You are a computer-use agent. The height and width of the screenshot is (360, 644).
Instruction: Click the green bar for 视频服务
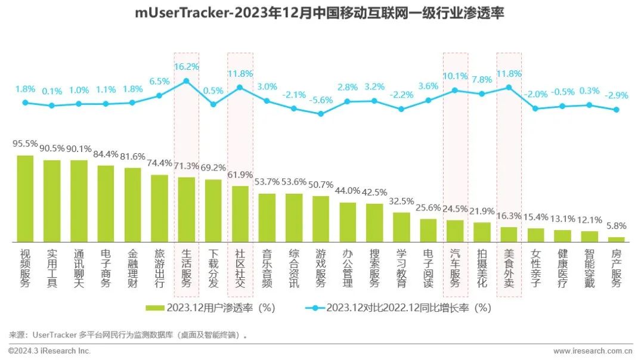click(25, 198)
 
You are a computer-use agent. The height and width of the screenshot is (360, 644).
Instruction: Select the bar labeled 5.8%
click(616, 239)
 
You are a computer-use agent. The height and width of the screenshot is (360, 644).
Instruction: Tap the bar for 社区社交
click(240, 213)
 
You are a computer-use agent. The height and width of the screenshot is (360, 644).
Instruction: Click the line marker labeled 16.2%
click(187, 80)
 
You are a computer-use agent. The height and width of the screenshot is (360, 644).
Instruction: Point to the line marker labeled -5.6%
click(321, 113)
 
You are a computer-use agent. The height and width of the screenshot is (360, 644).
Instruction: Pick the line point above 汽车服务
click(455, 91)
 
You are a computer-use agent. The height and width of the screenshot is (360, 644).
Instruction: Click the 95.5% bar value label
click(25, 144)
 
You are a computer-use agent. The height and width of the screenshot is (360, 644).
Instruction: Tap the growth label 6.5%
click(159, 81)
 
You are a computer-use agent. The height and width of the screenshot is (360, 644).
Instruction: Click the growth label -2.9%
click(616, 95)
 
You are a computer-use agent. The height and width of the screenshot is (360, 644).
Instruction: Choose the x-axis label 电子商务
click(106, 268)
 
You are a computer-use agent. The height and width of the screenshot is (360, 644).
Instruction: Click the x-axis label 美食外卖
click(509, 268)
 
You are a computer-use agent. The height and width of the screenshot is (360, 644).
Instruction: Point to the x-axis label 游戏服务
click(321, 268)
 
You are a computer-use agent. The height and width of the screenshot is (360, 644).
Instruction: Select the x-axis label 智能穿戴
click(589, 268)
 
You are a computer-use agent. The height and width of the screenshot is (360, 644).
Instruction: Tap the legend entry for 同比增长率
click(398, 308)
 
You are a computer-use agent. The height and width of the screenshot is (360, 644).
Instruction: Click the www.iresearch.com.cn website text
click(594, 351)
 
